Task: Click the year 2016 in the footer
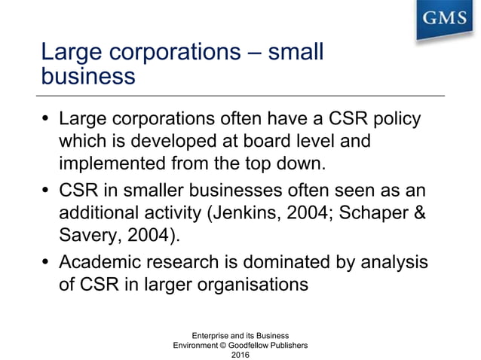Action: [x=240, y=354]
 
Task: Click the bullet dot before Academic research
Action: [x=47, y=264]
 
